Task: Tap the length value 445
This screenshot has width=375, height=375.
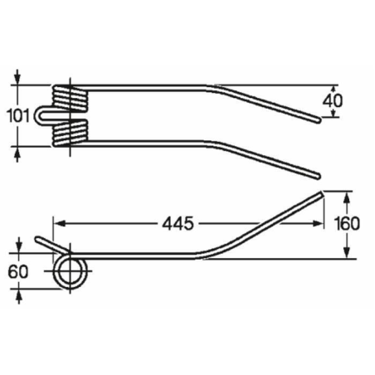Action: pyautogui.click(x=178, y=223)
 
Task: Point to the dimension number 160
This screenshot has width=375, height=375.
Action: pyautogui.click(x=348, y=225)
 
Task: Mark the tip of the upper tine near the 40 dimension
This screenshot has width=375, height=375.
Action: pyautogui.click(x=319, y=119)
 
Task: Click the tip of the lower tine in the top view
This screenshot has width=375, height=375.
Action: pyautogui.click(x=318, y=173)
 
